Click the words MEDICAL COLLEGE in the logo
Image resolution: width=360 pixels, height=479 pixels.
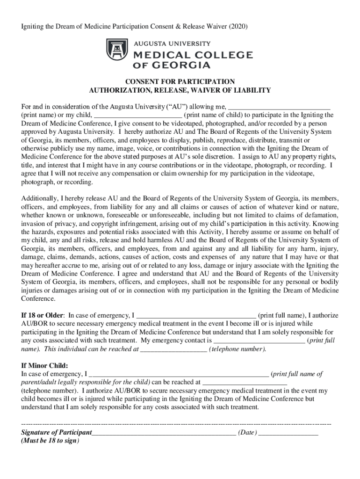click(x=193, y=55)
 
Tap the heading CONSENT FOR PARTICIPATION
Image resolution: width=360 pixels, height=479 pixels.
click(x=180, y=82)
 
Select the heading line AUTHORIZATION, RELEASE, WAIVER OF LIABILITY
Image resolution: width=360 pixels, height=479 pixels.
click(x=180, y=90)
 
